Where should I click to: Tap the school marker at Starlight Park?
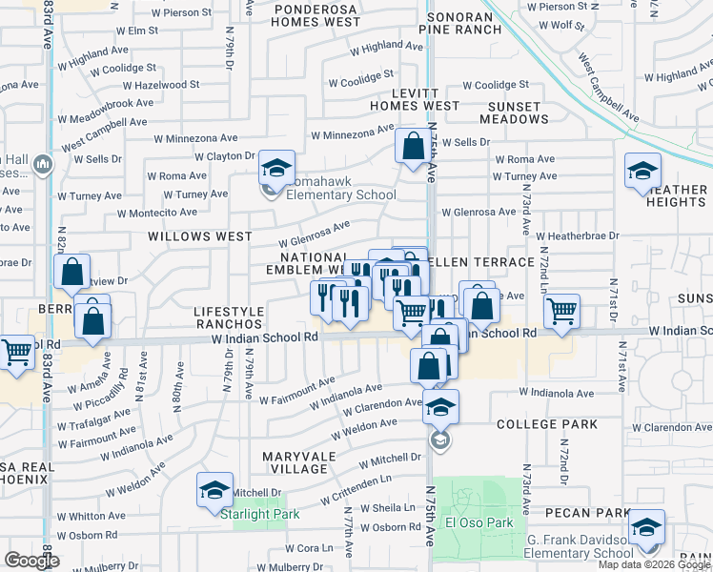[214, 490]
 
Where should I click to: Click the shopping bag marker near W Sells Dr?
[413, 148]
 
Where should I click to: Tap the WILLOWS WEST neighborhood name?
[200, 236]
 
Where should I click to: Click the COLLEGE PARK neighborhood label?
[546, 424]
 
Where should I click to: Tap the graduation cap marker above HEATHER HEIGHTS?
[643, 173]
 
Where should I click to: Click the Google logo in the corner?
[31, 561]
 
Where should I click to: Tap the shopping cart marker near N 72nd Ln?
[562, 310]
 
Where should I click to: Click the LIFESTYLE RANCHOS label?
[229, 318]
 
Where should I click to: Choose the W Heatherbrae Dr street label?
[577, 235]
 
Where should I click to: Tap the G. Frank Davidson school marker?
[647, 527]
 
